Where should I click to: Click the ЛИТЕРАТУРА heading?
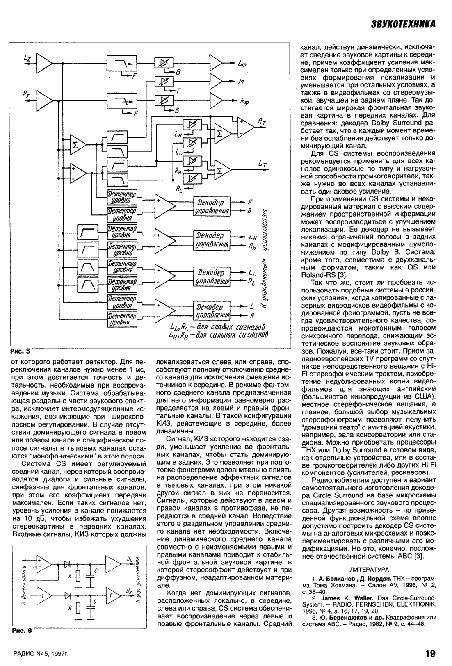[369, 569]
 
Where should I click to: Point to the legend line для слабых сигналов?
[217, 327]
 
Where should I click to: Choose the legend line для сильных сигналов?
[217, 335]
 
